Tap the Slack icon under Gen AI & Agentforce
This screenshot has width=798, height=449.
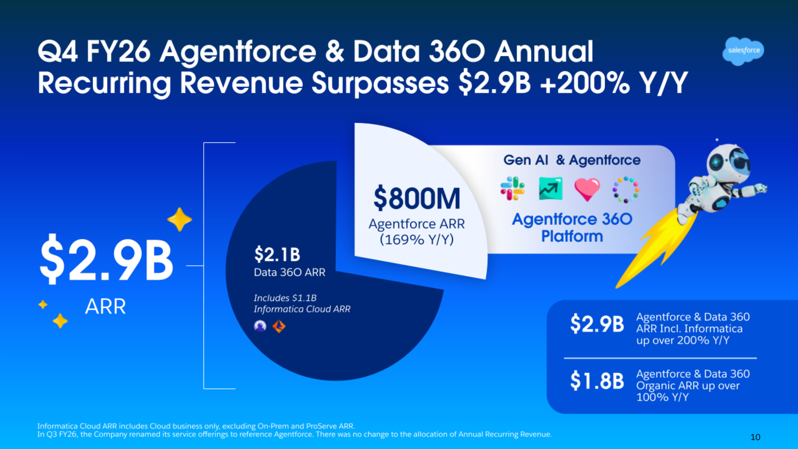[x=512, y=188]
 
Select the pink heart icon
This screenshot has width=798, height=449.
[x=587, y=189]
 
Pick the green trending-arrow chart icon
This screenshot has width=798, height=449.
[x=551, y=188]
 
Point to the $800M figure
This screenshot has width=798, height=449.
[x=417, y=198]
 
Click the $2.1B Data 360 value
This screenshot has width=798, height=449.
[x=277, y=254]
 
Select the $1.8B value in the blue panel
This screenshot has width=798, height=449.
[x=597, y=380]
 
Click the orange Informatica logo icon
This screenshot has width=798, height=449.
[x=279, y=326]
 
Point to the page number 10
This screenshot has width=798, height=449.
[x=755, y=437]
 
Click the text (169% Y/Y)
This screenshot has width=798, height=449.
[x=417, y=239]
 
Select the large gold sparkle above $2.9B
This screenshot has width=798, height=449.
[x=179, y=219]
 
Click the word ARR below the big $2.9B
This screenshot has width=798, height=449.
[x=105, y=307]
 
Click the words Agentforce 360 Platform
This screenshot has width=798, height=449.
[x=572, y=227]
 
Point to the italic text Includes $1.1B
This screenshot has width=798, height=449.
[x=285, y=298]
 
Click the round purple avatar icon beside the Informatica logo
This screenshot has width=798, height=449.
[x=260, y=326]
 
